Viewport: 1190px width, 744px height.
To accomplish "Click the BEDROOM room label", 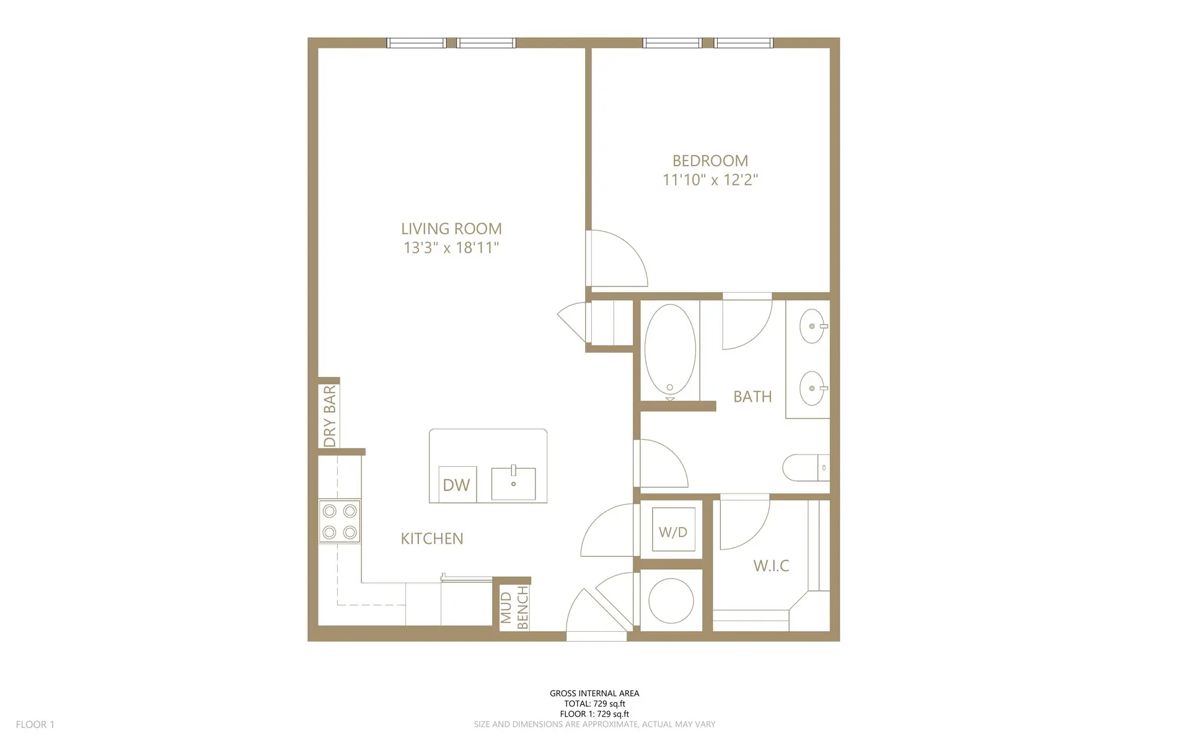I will click(x=710, y=161).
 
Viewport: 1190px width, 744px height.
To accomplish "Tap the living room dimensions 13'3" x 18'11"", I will click(x=451, y=248).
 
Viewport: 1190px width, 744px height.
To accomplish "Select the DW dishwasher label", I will click(x=457, y=485).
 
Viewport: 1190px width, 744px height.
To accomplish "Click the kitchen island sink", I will click(x=513, y=483).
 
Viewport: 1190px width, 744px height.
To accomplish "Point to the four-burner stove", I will click(x=340, y=521).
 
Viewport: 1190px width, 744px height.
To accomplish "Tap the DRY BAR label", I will click(x=330, y=415).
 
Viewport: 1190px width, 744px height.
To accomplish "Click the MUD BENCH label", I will click(x=514, y=608).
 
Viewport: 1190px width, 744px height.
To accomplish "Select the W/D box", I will click(x=673, y=531).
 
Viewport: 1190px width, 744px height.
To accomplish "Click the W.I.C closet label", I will click(x=771, y=565).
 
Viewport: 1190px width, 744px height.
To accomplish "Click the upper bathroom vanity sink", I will click(x=812, y=326).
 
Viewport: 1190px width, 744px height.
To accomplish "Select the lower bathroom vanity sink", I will click(x=812, y=388).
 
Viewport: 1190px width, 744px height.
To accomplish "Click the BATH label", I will click(x=752, y=397).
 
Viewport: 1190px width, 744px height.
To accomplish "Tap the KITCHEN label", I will click(x=432, y=539).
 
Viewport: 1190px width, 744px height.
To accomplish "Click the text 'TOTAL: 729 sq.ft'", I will click(x=594, y=704).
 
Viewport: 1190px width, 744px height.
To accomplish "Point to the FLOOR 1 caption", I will click(x=35, y=724).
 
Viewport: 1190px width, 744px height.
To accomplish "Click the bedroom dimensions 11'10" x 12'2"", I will click(x=710, y=180).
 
